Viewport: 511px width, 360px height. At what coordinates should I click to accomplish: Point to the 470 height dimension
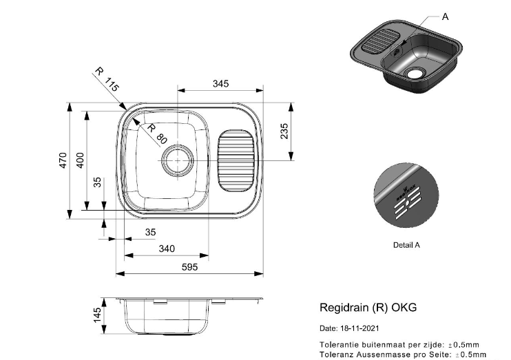pyautogui.click(x=63, y=161)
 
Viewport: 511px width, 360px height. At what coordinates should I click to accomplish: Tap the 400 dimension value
pyautogui.click(x=80, y=160)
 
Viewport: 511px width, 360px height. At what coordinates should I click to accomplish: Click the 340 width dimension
pyautogui.click(x=166, y=248)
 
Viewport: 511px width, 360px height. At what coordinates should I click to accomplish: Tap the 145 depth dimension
pyautogui.click(x=98, y=315)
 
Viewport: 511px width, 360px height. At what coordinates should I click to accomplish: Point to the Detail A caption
pyautogui.click(x=406, y=244)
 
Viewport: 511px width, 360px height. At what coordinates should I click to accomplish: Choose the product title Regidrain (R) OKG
pyautogui.click(x=368, y=308)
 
